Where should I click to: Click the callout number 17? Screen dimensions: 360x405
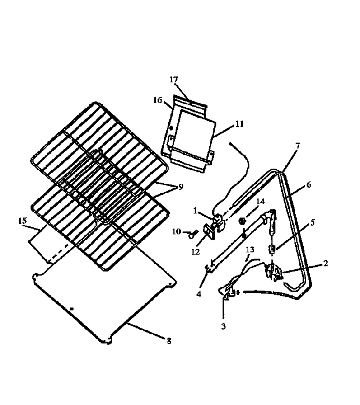pos(174,80)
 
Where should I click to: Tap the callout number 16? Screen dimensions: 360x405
pos(158,100)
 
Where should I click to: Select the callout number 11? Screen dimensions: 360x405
pos(239,124)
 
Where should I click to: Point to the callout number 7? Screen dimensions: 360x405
pos(298,146)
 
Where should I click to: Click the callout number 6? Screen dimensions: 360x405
pos(309,185)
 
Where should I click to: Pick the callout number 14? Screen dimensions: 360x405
pos(260,202)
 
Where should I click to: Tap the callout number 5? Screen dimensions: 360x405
pos(313,222)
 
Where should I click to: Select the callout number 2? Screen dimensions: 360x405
pos(326,263)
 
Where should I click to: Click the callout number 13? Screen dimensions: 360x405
pos(250,250)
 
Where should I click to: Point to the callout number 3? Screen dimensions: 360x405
pos(224,326)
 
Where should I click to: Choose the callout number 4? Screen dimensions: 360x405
pos(199,294)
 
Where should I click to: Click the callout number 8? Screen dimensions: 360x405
pos(169,341)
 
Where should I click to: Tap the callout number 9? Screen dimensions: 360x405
pos(181,187)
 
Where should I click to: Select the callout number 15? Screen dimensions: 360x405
pos(23,221)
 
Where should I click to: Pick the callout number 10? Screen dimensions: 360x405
pos(177,231)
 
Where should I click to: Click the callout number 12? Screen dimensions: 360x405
pos(195,252)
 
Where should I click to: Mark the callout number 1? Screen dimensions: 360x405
pos(195,211)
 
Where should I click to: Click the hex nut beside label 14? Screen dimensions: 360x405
pos(242,221)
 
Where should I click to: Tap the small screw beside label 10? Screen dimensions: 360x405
pos(193,234)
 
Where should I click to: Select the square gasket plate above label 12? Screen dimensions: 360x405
pos(209,231)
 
